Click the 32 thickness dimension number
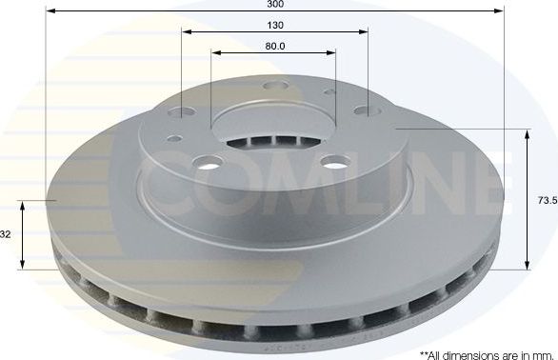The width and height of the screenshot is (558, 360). (7, 234)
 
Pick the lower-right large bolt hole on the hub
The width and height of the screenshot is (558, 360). (332, 163)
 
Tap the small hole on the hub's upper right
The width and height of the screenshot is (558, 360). (329, 92)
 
